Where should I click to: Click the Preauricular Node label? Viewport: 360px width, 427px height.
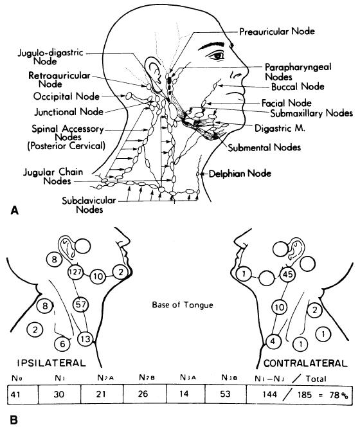tap(277, 32)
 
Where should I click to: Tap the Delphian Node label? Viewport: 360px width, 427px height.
tap(240, 174)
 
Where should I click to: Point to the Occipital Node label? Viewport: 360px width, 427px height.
tap(66, 96)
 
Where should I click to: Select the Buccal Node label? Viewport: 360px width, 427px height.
tap(298, 87)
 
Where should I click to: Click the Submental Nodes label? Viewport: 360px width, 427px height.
tap(264, 148)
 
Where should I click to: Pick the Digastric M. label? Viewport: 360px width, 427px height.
tap(280, 128)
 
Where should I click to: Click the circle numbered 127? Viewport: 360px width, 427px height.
tap(75, 272)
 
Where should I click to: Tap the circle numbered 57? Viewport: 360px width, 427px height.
tap(81, 304)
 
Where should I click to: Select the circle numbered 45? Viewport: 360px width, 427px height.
tap(287, 274)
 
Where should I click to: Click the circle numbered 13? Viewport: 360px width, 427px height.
tap(85, 339)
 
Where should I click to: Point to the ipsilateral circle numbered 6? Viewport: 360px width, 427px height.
tap(62, 344)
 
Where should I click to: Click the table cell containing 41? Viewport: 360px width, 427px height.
tap(22, 394)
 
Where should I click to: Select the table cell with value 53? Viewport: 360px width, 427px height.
tap(226, 394)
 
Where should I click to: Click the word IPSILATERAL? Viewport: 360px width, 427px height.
tap(51, 363)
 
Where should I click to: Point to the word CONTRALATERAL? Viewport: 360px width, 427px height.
tap(305, 363)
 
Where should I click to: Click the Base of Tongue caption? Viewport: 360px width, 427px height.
tap(183, 305)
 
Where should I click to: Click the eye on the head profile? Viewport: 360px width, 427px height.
tap(217, 56)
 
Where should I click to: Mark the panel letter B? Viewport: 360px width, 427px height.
tap(14, 420)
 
